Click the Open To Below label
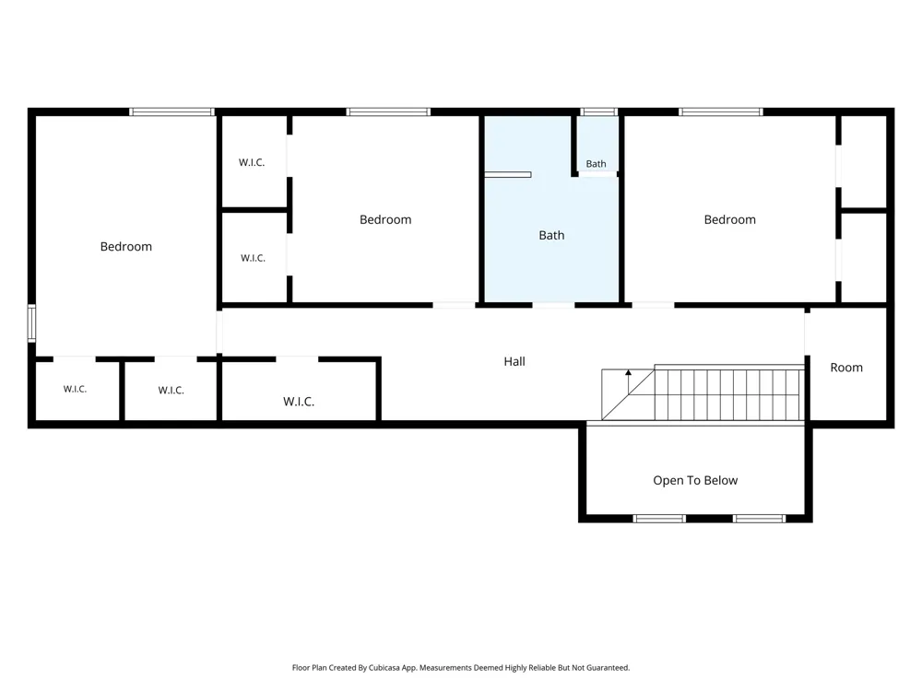coord(695,481)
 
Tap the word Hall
coord(514,361)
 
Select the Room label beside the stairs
coord(846,368)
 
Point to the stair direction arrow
coord(628,381)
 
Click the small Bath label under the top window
coord(596,164)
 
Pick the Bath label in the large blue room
coord(551,235)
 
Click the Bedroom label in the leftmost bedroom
coord(125,247)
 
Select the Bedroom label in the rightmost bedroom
coord(729,220)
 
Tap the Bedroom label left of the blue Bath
coord(385,220)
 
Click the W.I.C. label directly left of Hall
coord(299,402)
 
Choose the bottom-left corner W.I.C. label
coord(76,389)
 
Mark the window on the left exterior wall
coord(31,322)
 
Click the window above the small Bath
coord(598,111)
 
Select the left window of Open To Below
coord(659,518)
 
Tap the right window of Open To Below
coord(759,518)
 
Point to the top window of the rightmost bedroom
coord(721,111)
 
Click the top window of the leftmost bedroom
coord(171,111)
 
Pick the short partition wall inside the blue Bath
coord(507,174)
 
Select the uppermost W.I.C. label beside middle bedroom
coord(252,162)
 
